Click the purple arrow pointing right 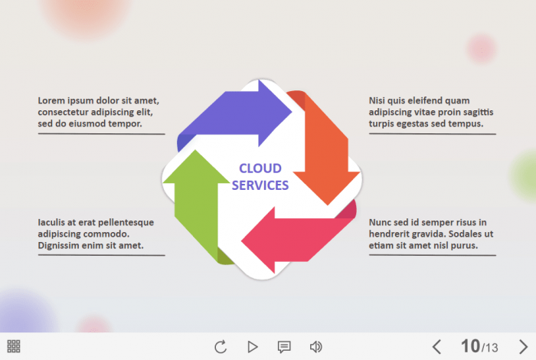coord(237,115)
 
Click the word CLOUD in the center coord(260,169)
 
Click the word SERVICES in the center coord(260,185)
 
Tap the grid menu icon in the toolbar coord(14,346)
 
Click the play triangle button coord(253,347)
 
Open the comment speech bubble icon coord(284,347)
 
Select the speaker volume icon coord(315,347)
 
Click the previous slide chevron coord(436,347)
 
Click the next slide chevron coord(523,347)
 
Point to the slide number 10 coord(469,346)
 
